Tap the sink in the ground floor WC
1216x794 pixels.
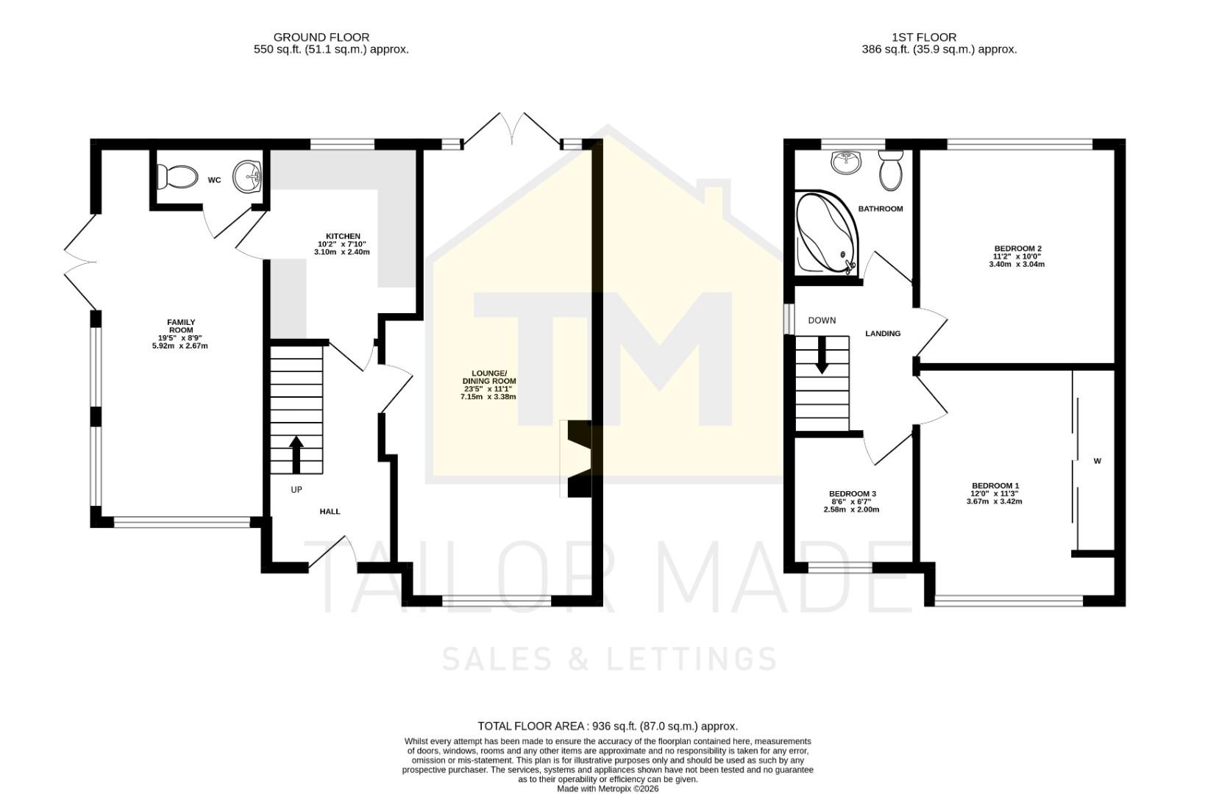pos(248,177)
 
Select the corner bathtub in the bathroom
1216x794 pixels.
pos(825,234)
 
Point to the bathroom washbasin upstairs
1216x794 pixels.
pos(847,162)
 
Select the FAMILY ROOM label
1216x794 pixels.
pos(181,326)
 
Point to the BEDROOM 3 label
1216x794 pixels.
pos(852,493)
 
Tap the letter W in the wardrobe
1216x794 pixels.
pos(1097,462)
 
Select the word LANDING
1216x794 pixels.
pos(882,334)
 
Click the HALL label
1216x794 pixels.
pos(330,511)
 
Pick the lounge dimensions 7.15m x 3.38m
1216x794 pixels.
pos(488,397)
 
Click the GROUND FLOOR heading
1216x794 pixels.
pos(321,37)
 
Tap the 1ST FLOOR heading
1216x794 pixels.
pos(924,37)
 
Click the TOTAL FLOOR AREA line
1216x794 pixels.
pos(608,726)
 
